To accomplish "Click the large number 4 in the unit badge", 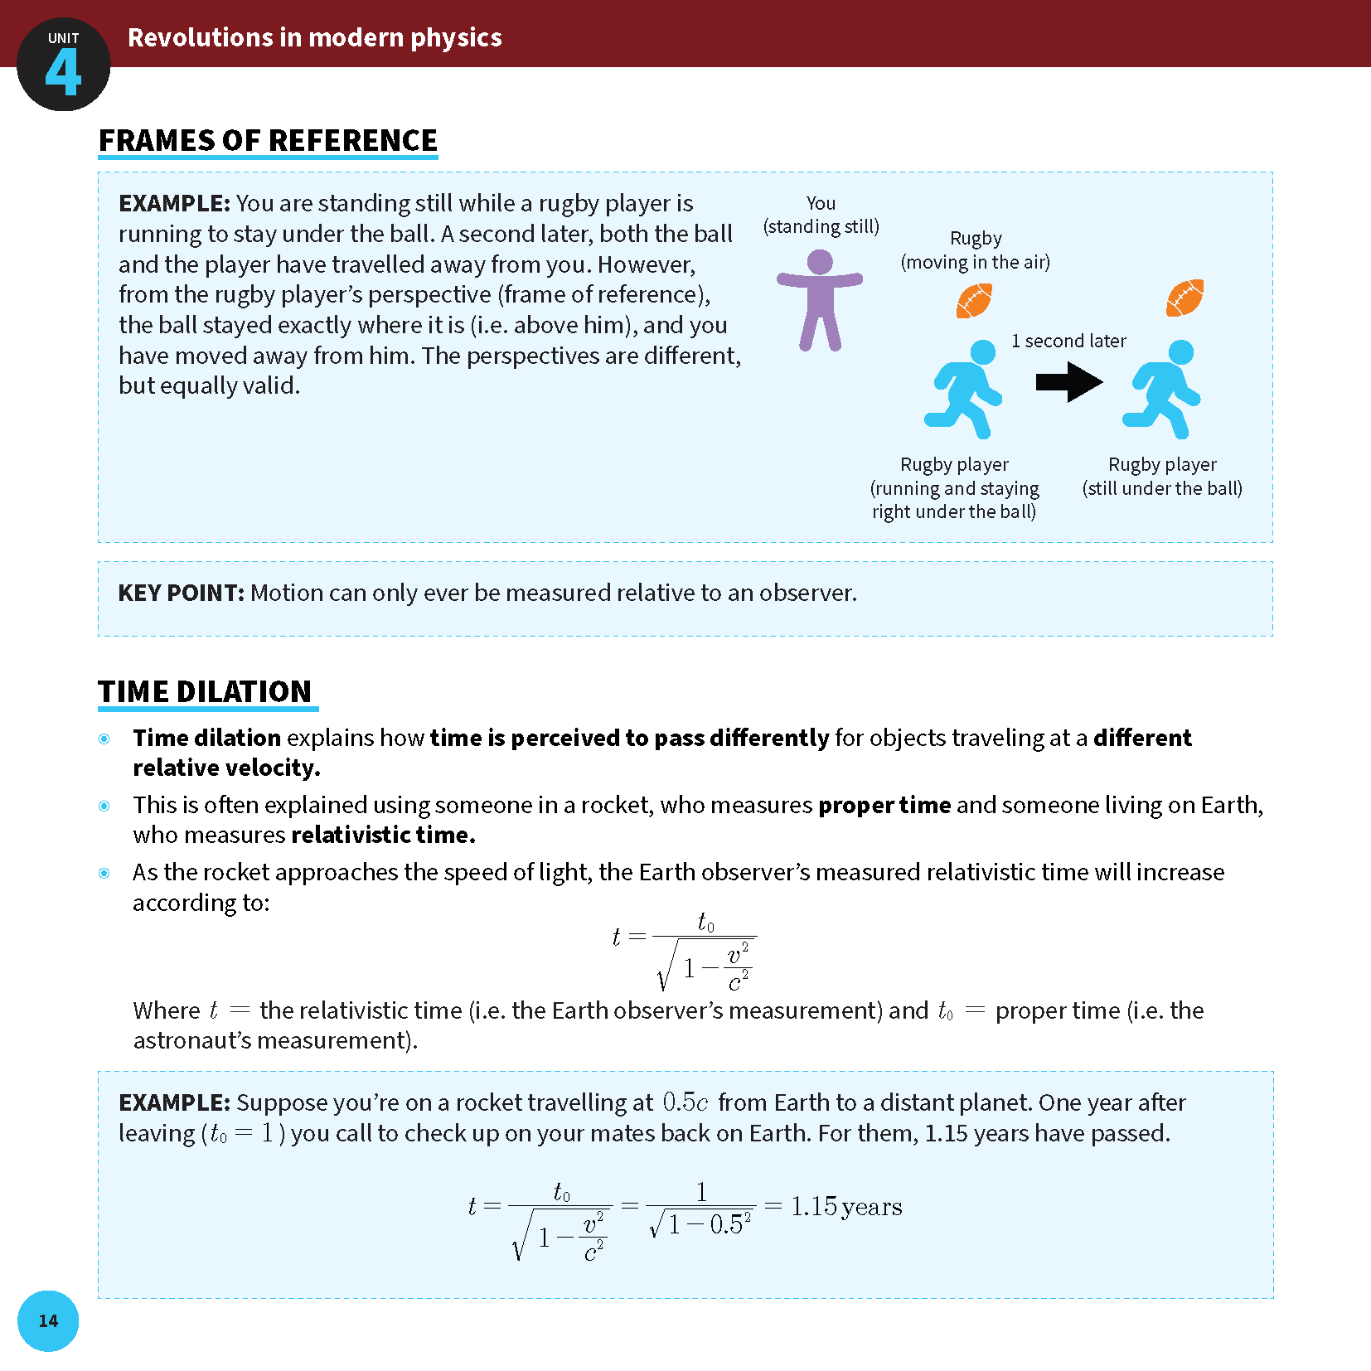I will [63, 73].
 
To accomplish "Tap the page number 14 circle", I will [48, 1320].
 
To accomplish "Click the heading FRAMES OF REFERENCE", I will [268, 141].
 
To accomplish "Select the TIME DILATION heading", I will [205, 691].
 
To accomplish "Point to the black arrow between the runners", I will [1068, 382].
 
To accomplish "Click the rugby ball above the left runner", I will [974, 301].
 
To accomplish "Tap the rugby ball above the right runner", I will [1184, 298].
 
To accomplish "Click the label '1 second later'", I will [1068, 341].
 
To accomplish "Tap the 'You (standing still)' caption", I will [821, 215].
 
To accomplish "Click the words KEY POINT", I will [181, 593].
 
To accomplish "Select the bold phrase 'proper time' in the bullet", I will [884, 805].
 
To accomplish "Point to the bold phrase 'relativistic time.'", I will [383, 835].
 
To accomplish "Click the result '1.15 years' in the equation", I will [845, 1206].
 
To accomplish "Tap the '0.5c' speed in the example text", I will [685, 1102].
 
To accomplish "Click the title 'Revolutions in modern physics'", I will [314, 37].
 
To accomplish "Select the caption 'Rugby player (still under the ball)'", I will [1162, 476].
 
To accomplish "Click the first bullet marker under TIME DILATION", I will [104, 739].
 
